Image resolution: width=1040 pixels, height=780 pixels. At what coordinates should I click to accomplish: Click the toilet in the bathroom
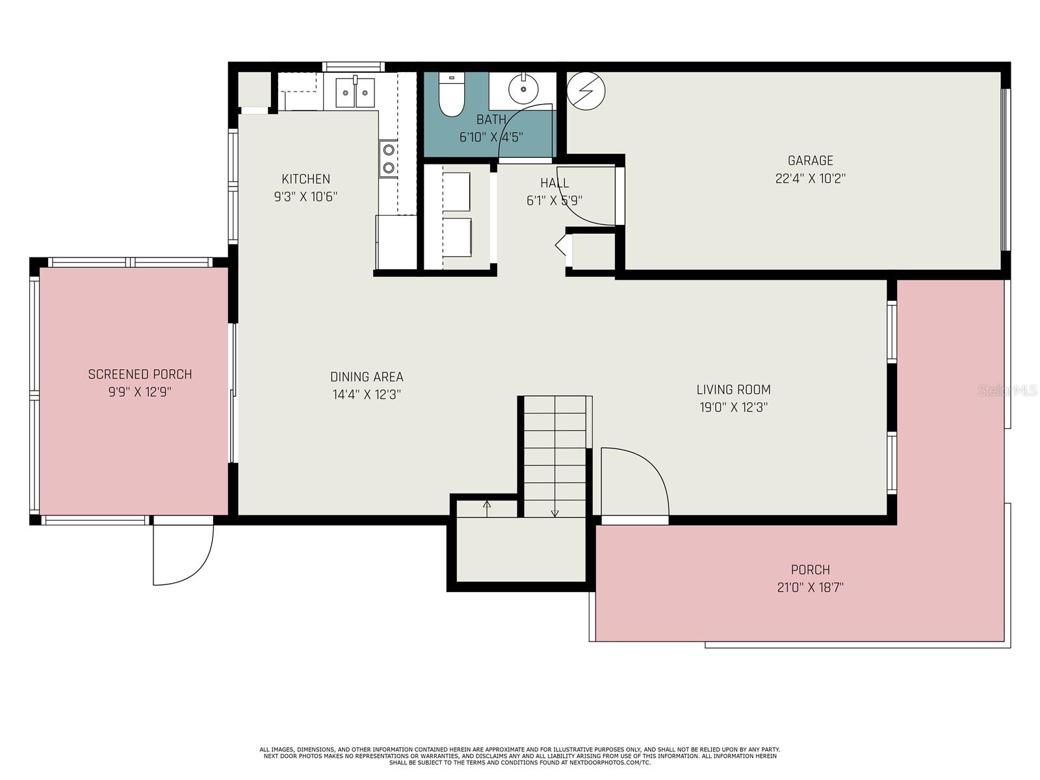(451, 94)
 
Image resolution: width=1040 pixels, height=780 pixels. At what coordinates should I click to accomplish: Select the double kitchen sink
(355, 92)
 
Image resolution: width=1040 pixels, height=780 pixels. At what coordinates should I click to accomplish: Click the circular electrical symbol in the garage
(586, 91)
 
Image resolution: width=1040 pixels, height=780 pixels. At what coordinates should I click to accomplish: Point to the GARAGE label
(810, 161)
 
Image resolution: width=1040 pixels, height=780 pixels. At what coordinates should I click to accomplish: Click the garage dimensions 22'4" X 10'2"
(810, 179)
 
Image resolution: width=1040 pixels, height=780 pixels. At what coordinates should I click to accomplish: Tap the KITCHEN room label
(305, 179)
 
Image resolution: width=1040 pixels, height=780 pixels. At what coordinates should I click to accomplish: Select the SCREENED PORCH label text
(140, 374)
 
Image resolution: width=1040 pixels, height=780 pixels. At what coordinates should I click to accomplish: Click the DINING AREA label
(367, 377)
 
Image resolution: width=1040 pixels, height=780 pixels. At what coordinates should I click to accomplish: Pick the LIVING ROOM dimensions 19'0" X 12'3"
(733, 408)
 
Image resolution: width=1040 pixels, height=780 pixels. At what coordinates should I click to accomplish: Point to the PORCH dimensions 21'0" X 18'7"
(810, 587)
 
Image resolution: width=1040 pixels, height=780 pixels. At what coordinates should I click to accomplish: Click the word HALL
(554, 183)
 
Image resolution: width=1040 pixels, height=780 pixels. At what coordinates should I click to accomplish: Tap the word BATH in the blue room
(491, 120)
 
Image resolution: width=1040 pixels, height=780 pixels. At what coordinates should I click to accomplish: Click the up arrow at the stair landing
(487, 509)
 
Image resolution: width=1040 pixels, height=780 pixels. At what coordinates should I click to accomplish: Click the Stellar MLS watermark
(1007, 391)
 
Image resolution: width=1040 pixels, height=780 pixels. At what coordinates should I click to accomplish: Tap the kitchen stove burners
(389, 159)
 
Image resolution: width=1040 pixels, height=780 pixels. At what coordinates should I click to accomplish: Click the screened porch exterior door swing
(183, 555)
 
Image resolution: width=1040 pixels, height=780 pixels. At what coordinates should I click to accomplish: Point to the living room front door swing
(635, 481)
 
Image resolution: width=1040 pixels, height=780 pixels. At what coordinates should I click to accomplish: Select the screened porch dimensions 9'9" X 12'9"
(140, 392)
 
